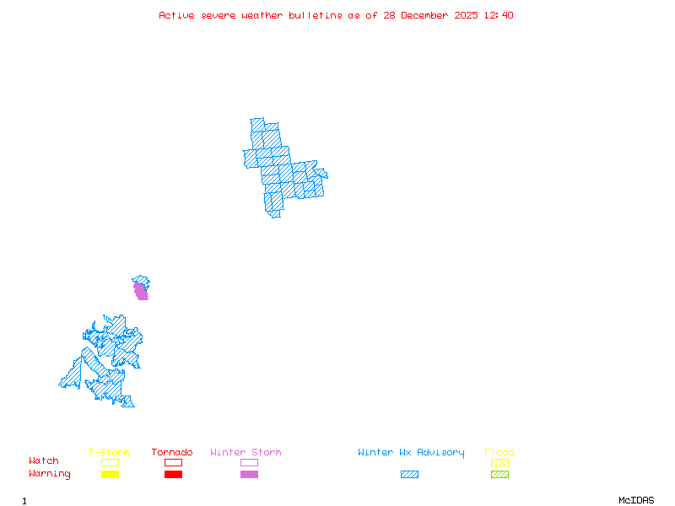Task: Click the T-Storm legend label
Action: pyautogui.click(x=109, y=453)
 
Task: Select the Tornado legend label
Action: pyautogui.click(x=172, y=453)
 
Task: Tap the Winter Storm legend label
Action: pyautogui.click(x=246, y=453)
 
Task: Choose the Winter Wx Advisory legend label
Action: pyautogui.click(x=411, y=453)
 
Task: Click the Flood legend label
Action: pyautogui.click(x=499, y=453)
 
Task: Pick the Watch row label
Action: pyautogui.click(x=44, y=461)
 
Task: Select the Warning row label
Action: pyautogui.click(x=50, y=474)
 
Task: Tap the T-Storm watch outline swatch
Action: pyautogui.click(x=110, y=462)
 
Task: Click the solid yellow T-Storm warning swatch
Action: pyautogui.click(x=110, y=475)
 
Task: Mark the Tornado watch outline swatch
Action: pyautogui.click(x=173, y=462)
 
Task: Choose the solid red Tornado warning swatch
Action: pyautogui.click(x=173, y=475)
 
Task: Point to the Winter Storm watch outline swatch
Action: pyautogui.click(x=249, y=462)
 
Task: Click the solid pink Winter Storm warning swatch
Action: pyautogui.click(x=249, y=475)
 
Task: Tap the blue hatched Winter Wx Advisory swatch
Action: pyautogui.click(x=409, y=475)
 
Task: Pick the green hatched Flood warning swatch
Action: pyautogui.click(x=499, y=475)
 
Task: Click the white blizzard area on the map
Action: pyautogui.click(x=319, y=163)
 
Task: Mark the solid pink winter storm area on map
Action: pyautogui.click(x=141, y=292)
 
